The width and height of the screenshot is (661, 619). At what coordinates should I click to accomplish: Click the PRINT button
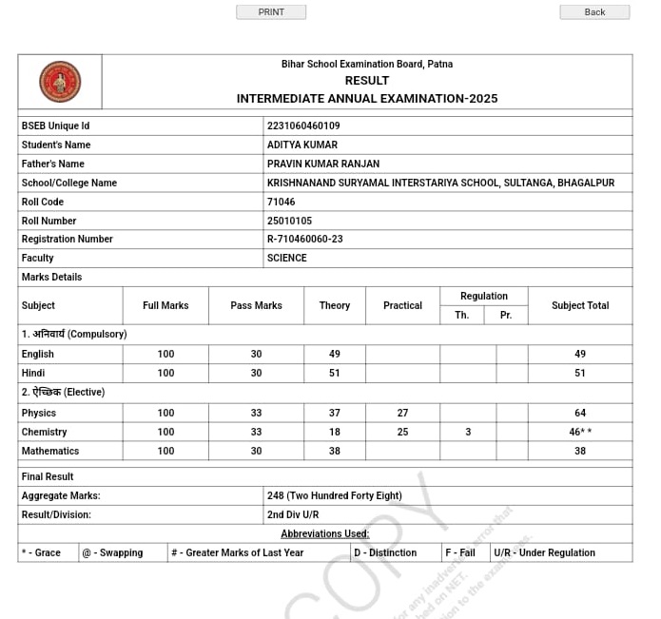point(271,12)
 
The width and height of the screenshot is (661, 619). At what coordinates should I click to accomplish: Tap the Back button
point(594,12)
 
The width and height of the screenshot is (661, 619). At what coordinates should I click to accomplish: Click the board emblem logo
point(60,82)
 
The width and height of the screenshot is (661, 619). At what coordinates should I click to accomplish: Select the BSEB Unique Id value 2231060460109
point(303,126)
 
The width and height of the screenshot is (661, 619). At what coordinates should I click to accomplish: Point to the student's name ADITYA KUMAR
point(302,145)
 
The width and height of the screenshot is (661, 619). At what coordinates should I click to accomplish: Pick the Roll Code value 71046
point(282,202)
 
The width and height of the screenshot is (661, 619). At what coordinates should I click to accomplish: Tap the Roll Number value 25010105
point(289,221)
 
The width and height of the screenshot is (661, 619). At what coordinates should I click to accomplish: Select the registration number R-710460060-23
point(305,239)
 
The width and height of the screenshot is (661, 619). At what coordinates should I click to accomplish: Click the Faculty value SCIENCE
point(287,258)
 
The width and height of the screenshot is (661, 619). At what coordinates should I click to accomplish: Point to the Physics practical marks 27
point(402,413)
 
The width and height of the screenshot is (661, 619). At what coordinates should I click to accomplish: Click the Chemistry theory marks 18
point(335,432)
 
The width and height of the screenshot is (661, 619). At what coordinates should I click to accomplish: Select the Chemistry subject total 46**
point(580,432)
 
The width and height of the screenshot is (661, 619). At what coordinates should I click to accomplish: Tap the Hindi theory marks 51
point(335,373)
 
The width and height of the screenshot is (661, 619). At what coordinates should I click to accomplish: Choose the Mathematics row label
point(50,451)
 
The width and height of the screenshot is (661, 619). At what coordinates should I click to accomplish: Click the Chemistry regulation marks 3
point(468,432)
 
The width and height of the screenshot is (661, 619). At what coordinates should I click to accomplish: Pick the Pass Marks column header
point(256,305)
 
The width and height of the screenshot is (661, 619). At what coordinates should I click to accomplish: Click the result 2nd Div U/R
point(293,514)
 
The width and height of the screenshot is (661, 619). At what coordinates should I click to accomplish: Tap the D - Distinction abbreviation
point(385,552)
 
